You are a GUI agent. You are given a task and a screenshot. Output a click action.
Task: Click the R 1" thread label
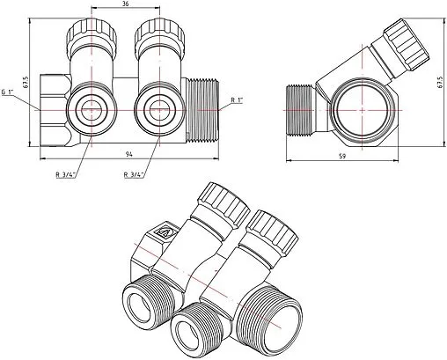point(236,101)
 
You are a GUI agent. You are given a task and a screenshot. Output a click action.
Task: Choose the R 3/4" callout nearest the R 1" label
point(137,174)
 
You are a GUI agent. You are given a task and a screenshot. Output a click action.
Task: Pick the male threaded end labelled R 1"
point(202,108)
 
